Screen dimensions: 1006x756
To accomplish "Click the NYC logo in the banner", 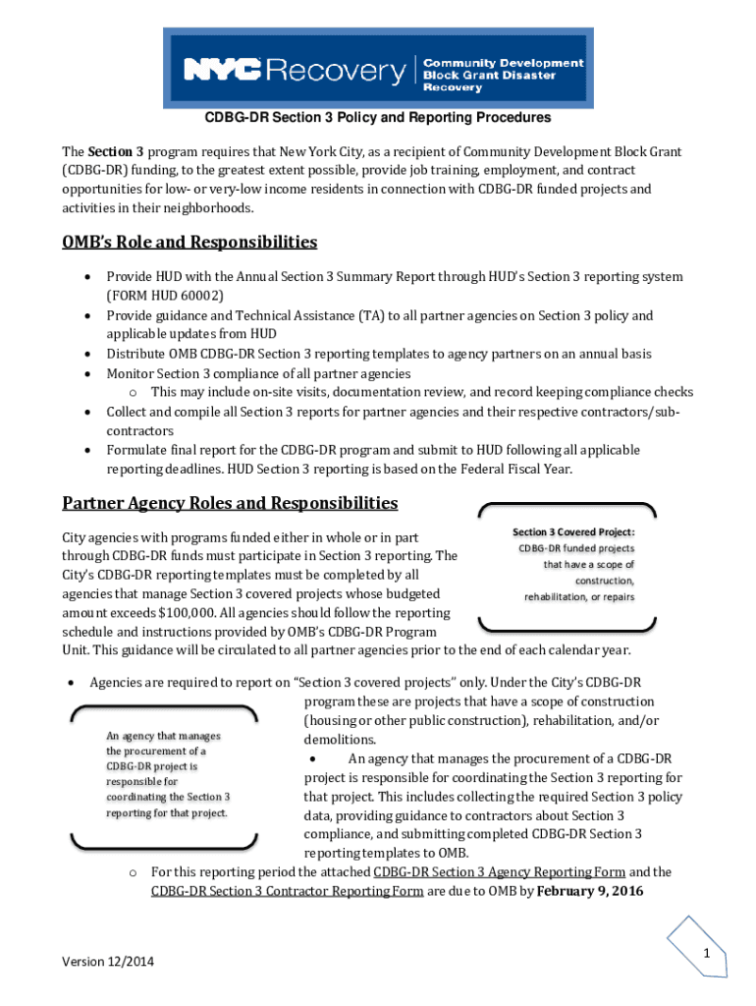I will point(222,70).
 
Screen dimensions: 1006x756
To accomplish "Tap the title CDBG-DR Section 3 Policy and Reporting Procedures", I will point(377,118).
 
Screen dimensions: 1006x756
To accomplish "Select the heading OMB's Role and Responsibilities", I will point(189,242).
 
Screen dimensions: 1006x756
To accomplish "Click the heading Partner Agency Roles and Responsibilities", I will point(230,503).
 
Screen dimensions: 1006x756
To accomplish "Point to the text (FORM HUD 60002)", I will point(165,296).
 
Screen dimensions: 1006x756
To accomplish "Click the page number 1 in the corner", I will point(705,954).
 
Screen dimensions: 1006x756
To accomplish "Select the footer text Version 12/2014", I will point(108,961).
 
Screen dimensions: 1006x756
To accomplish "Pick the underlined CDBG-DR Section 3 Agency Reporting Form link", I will point(499,872).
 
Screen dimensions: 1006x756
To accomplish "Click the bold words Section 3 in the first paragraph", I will point(116,152).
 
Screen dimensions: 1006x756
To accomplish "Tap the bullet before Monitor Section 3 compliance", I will point(87,373).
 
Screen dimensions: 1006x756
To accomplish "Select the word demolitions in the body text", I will point(340,740).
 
